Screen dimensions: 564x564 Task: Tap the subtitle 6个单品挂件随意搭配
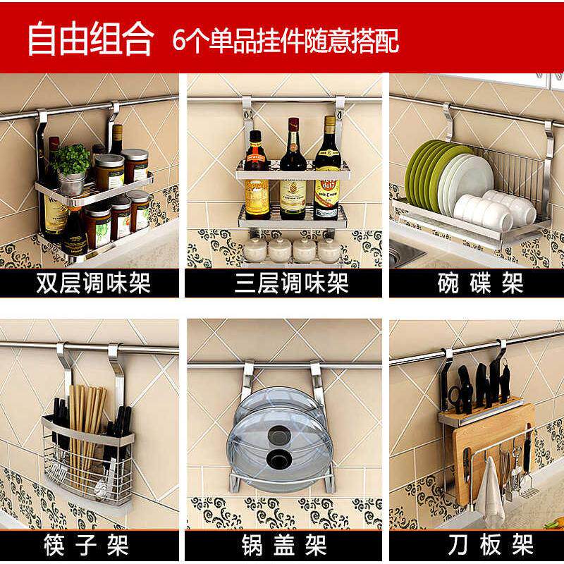point(286,40)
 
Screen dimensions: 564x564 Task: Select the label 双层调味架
point(93,284)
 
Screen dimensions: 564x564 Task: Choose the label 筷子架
point(93,544)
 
